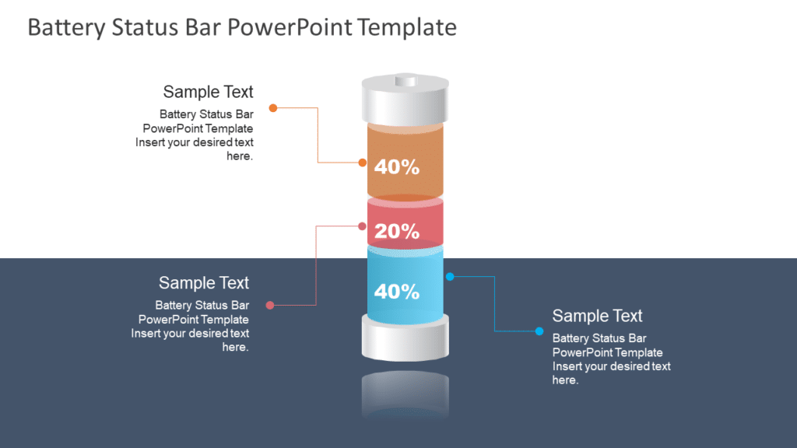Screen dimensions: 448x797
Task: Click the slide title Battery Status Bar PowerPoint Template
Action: (x=242, y=27)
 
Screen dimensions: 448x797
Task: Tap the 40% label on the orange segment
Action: (x=397, y=166)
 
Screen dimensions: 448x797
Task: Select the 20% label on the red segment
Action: (x=397, y=231)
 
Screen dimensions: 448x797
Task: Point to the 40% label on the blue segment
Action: (x=397, y=292)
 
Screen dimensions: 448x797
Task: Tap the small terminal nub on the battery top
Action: (x=406, y=79)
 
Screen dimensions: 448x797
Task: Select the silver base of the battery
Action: (x=406, y=338)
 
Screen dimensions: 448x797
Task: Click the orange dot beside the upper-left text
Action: (x=273, y=107)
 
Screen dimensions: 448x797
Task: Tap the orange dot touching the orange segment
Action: (x=363, y=163)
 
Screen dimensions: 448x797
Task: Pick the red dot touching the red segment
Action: (x=363, y=226)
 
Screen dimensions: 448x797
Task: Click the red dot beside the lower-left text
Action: (x=270, y=305)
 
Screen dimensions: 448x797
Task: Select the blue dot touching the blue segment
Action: (x=450, y=276)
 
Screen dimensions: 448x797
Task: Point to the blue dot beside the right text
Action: (x=539, y=331)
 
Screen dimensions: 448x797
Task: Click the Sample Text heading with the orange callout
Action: (x=208, y=92)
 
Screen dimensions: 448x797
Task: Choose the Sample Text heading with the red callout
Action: (x=204, y=282)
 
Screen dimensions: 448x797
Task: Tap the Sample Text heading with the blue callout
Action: (x=597, y=316)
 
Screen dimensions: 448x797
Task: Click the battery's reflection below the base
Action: (x=406, y=393)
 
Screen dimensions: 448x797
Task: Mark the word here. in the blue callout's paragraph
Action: (x=566, y=380)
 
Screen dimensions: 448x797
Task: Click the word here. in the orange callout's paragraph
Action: (x=240, y=156)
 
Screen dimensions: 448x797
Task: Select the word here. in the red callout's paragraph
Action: (x=235, y=348)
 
